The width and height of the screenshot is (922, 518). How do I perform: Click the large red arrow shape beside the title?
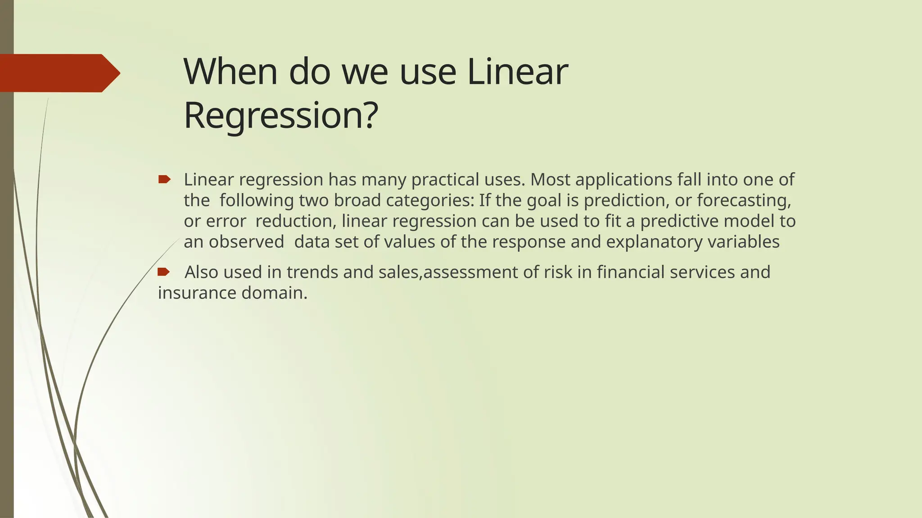[x=59, y=73]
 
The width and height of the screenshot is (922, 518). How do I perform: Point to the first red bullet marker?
[x=164, y=180]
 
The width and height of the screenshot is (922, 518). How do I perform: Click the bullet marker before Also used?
[x=163, y=272]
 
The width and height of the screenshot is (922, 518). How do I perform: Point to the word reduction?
[x=294, y=221]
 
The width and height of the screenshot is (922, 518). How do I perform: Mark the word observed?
[x=247, y=242]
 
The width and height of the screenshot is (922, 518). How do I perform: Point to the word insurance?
[x=197, y=293]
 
